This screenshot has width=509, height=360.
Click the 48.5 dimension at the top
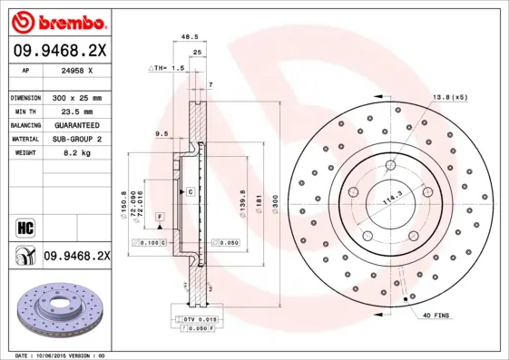click(190, 37)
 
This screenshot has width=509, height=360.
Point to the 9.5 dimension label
click(163, 133)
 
